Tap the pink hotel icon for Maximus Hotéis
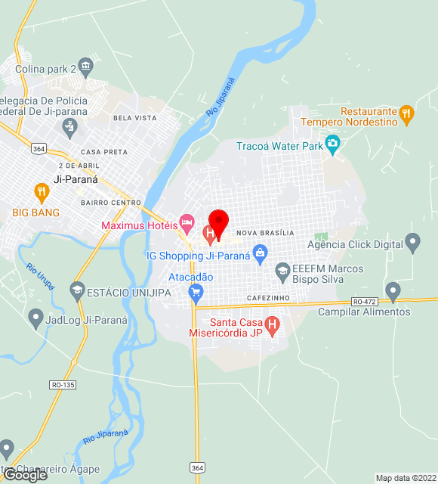[x=187, y=225]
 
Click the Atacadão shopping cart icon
[x=196, y=292]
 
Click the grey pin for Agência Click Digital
[x=412, y=244]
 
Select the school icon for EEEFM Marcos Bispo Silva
[x=282, y=271]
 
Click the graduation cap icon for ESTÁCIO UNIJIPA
[x=76, y=291]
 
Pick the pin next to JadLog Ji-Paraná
[x=35, y=319]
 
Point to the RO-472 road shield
[x=364, y=302]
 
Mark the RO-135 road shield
[x=63, y=385]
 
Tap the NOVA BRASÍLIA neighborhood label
[x=265, y=233]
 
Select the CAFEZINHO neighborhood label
[x=269, y=299]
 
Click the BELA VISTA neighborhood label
[x=134, y=118]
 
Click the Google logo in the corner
[x=25, y=475]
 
